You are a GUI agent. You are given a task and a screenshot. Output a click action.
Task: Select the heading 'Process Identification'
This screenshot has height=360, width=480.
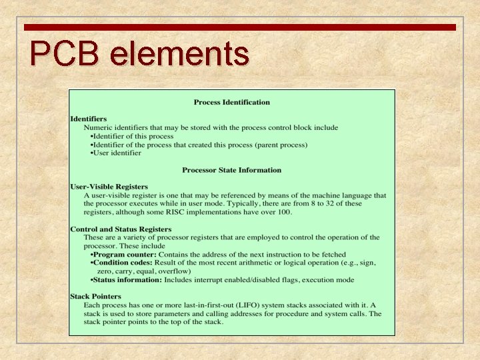point(231,102)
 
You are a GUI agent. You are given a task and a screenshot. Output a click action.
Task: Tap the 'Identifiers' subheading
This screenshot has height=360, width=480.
point(88,119)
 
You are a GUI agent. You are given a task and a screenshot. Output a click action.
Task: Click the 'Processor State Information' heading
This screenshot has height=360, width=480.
point(231,170)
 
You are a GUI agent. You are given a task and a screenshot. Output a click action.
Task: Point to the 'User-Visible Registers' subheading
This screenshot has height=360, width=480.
point(109,187)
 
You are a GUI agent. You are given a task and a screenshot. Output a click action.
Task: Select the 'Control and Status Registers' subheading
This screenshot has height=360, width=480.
point(121,229)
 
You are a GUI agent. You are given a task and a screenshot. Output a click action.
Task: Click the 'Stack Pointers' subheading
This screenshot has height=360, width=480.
point(95,297)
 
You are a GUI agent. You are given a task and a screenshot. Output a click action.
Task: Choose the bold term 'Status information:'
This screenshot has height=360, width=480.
point(127,280)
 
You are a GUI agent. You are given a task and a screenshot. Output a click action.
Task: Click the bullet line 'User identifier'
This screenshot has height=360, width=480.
point(117,153)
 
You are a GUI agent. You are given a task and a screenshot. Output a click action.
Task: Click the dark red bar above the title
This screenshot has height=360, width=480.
point(240,27)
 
